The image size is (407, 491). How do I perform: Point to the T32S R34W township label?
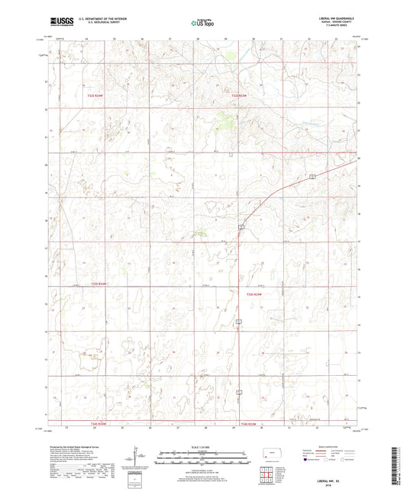pos(115,95)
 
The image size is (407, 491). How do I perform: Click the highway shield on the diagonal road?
pos(313,176)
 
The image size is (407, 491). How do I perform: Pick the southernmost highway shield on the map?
pos(239,393)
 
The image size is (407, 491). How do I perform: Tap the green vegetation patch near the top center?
pos(227,117)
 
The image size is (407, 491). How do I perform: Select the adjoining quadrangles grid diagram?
pos(267,476)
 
